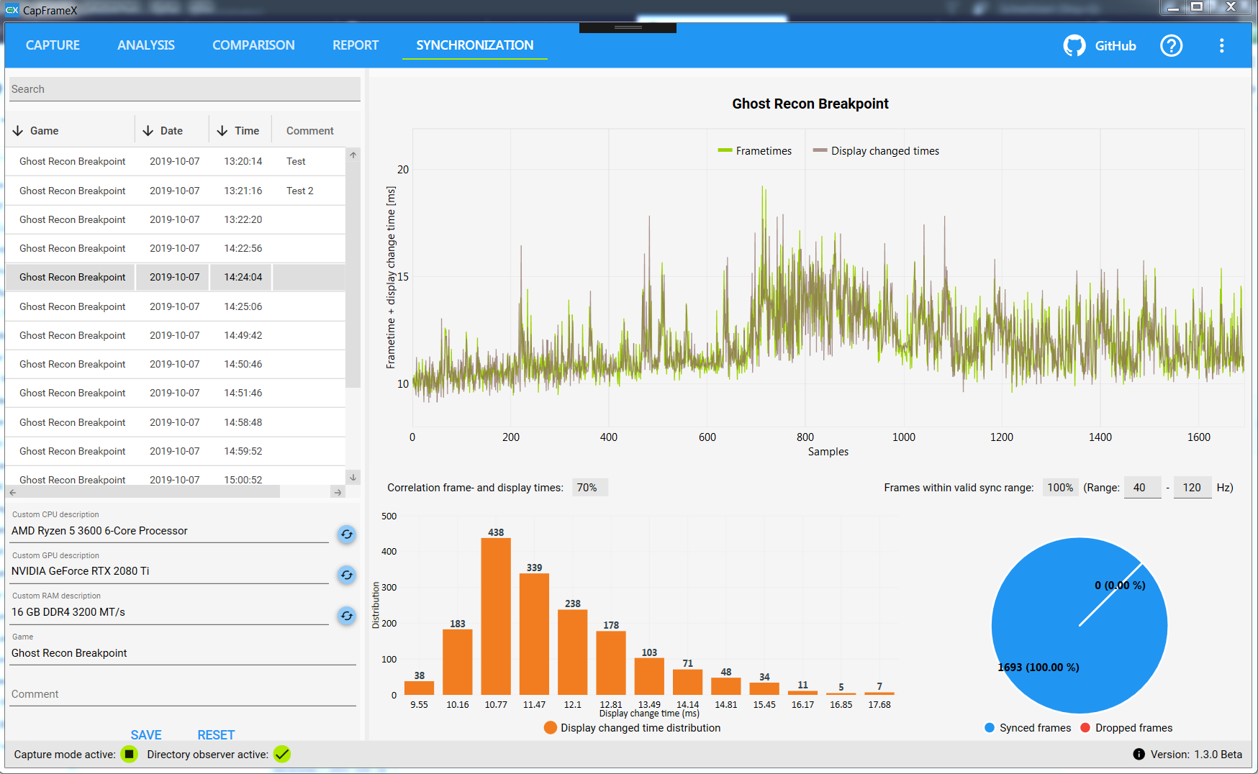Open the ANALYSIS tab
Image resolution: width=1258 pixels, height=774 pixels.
tap(146, 45)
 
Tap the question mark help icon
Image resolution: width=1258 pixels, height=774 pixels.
tap(1171, 46)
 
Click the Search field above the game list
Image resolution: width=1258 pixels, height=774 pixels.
tap(184, 89)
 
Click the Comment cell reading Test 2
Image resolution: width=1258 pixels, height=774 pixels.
tap(300, 191)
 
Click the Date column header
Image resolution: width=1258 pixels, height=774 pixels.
tap(171, 131)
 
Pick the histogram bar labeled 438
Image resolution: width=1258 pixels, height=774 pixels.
tap(496, 615)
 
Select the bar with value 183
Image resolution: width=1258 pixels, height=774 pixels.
tap(458, 661)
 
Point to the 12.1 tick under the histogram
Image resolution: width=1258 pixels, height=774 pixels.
tap(573, 705)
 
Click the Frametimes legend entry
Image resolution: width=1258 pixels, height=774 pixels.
tap(755, 151)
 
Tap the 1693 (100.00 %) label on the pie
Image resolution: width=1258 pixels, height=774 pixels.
tap(1038, 668)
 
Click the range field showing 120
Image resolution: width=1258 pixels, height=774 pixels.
tap(1192, 488)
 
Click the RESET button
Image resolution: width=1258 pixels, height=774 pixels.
tap(216, 734)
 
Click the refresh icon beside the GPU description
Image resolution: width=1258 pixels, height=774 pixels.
tap(347, 575)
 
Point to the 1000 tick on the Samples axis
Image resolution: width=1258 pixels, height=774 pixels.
tap(904, 437)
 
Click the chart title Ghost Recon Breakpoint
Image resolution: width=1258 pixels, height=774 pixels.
tap(810, 104)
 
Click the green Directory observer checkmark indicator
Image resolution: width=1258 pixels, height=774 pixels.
tap(282, 754)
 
